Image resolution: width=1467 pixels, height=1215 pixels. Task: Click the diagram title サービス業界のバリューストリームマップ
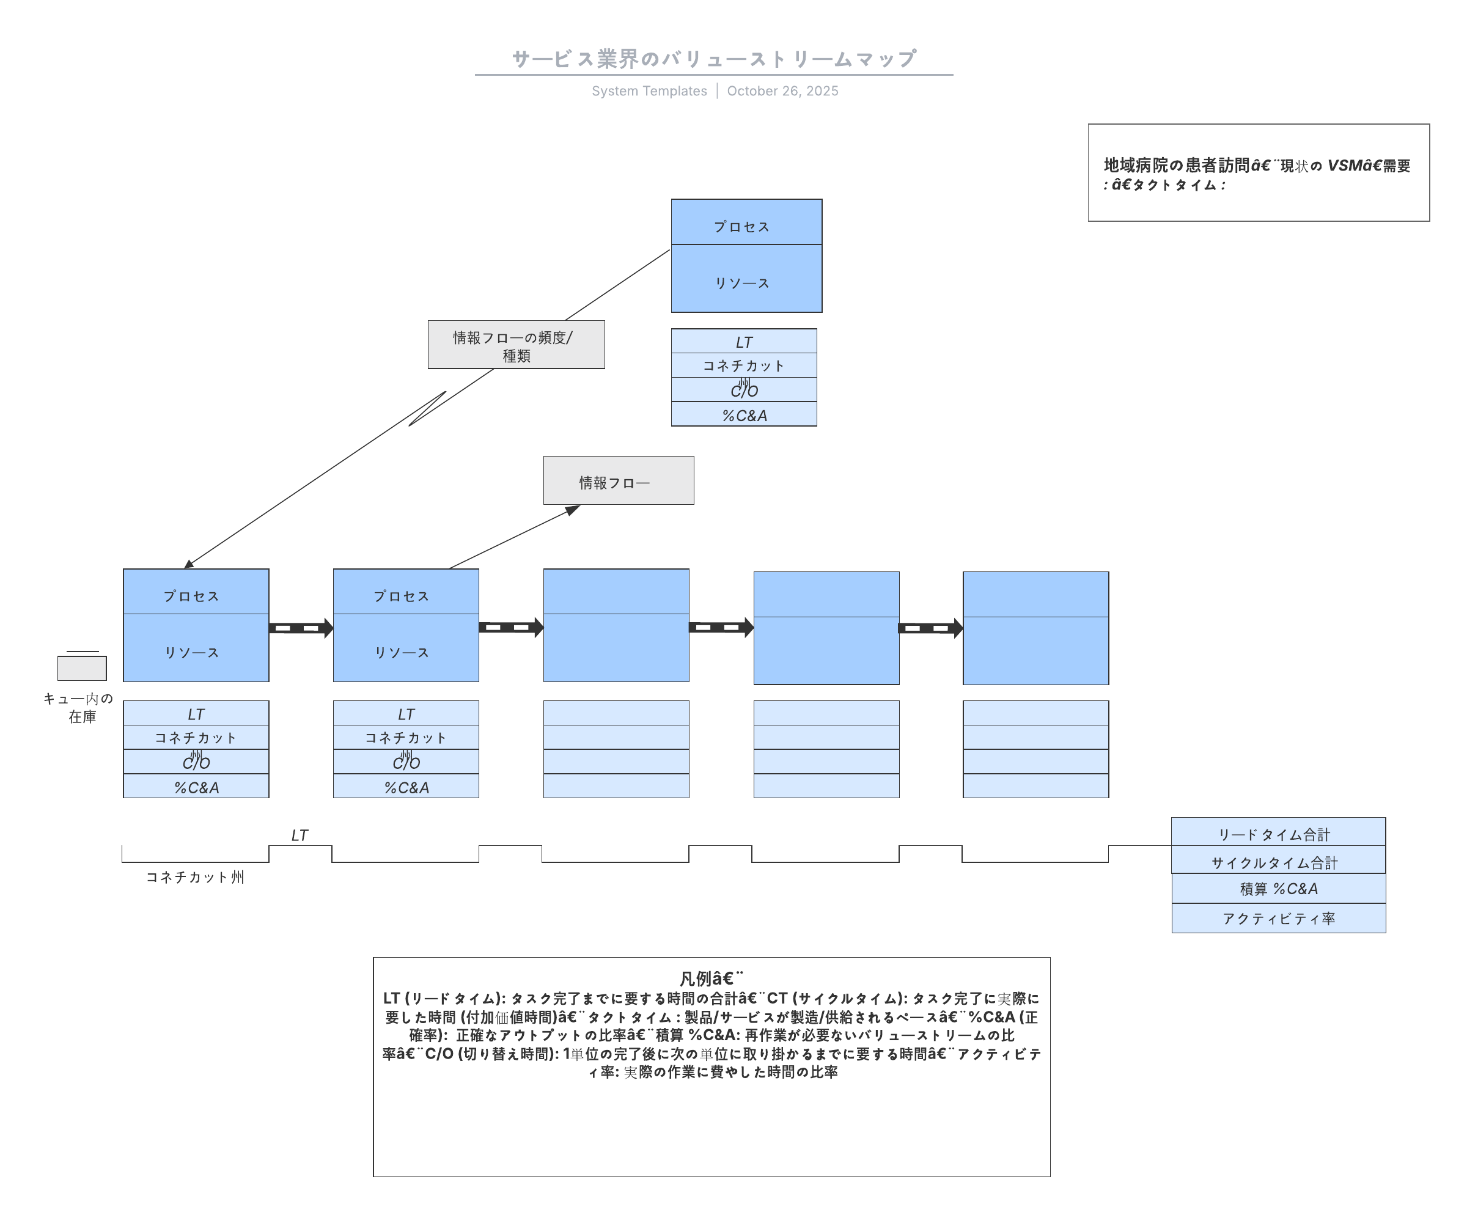713,59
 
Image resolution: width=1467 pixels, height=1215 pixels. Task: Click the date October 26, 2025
782,91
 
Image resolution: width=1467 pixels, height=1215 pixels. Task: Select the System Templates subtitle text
649,91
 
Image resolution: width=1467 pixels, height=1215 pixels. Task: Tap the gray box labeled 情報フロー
618,481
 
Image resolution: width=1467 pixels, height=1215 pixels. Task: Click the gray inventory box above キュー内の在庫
82,668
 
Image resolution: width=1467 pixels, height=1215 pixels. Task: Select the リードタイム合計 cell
1278,833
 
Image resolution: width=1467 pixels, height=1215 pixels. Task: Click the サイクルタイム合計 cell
1278,862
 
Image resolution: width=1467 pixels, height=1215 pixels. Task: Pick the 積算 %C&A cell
1278,889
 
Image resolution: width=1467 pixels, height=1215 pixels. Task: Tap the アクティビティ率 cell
1278,918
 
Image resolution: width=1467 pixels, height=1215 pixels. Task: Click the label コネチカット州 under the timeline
195,877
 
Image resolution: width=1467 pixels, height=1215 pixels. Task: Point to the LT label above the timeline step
299,835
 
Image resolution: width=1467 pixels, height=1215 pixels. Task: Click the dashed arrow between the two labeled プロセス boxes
300,628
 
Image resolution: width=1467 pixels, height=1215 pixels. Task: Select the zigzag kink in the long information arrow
427,408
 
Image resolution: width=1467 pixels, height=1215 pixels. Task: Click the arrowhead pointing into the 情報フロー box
573,510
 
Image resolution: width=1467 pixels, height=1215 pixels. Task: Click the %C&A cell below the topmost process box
744,416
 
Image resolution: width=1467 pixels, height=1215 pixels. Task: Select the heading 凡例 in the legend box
710,978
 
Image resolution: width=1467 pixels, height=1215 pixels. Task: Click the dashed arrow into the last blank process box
930,628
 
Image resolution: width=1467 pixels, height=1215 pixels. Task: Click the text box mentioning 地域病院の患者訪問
1257,173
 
